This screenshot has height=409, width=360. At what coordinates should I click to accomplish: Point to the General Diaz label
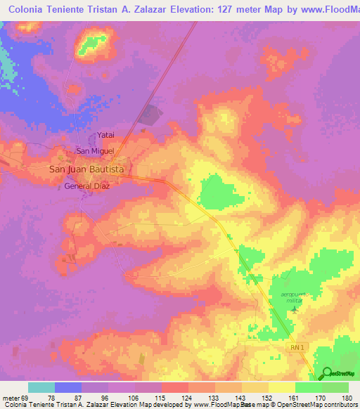88,187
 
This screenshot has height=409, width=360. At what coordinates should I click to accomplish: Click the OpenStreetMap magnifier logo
327,373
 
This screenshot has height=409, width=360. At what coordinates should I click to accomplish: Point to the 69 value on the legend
26,397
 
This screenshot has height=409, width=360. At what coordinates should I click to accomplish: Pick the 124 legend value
187,397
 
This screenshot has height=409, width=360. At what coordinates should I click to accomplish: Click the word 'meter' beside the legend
10,397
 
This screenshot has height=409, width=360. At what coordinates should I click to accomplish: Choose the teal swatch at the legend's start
41,387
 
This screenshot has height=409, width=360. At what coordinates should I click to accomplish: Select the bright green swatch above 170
309,387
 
